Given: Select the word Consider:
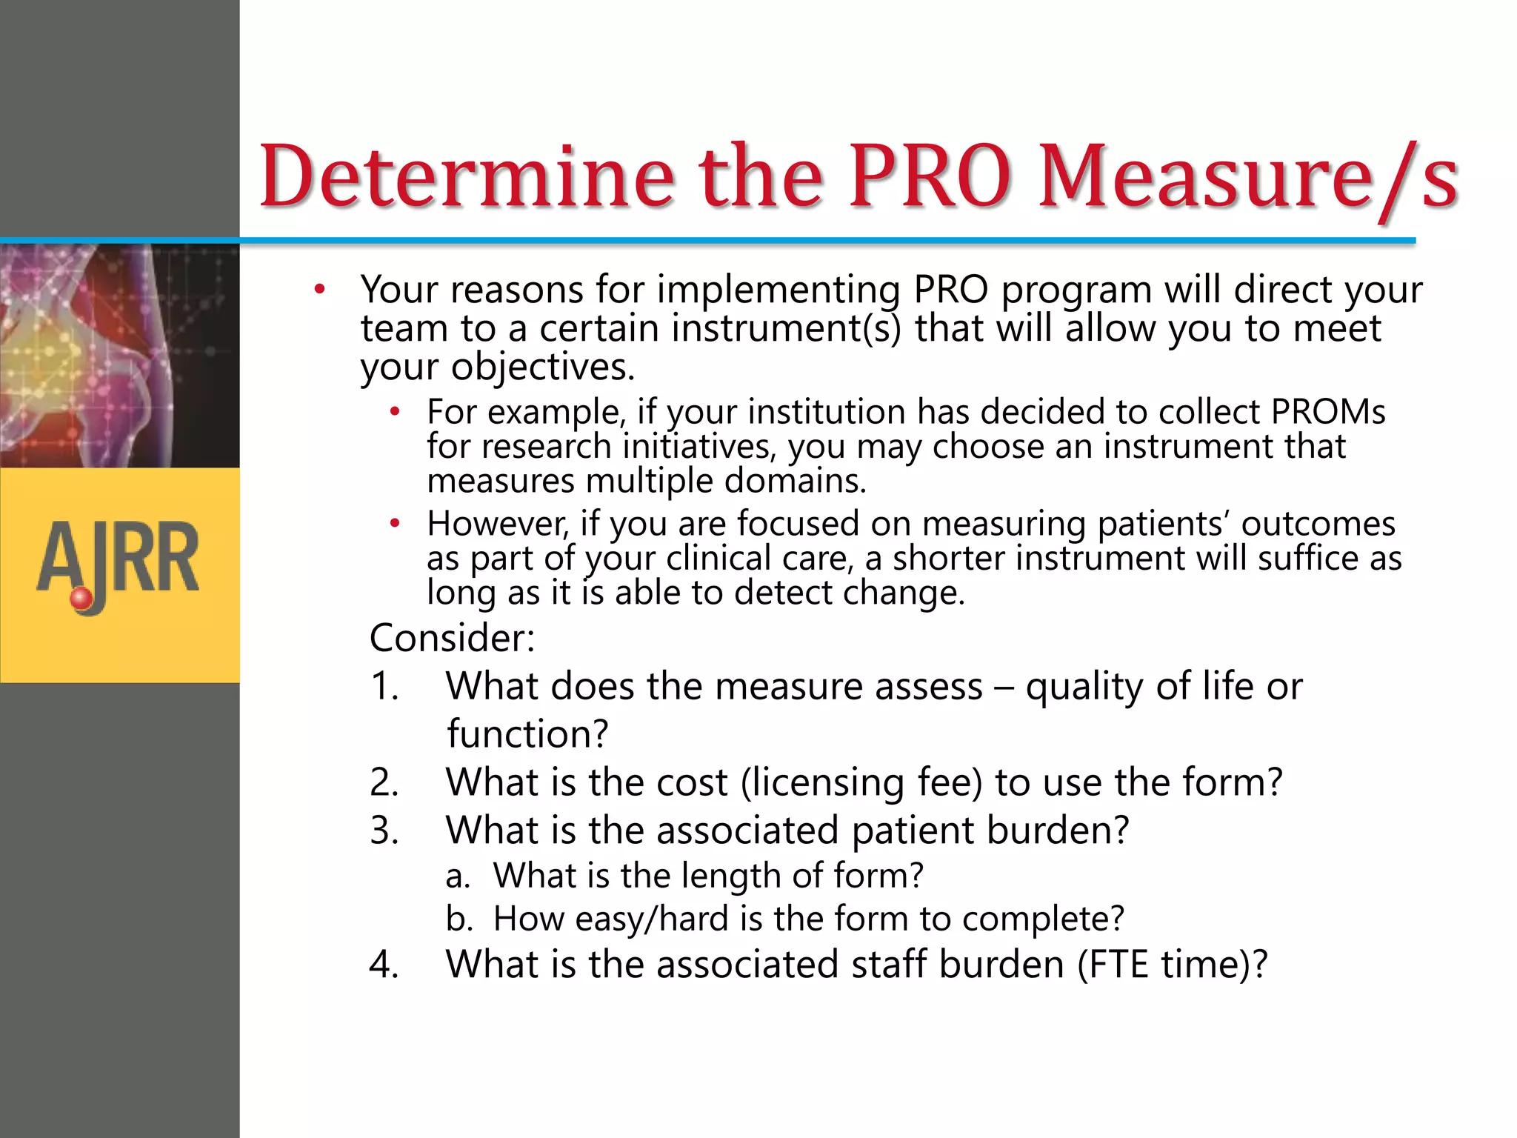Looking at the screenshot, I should click(x=452, y=638).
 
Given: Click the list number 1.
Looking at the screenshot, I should click(x=384, y=686).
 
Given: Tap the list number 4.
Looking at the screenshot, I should click(x=384, y=965).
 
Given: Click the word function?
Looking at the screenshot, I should click(x=527, y=734).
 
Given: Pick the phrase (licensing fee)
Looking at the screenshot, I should click(x=861, y=783).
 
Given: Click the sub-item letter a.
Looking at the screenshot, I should click(x=457, y=876).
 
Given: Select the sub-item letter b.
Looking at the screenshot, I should click(x=459, y=919).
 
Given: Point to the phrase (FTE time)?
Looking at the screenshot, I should click(x=1172, y=965).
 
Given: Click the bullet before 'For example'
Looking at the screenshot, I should click(x=396, y=412).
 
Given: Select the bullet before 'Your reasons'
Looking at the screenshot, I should click(x=319, y=290).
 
